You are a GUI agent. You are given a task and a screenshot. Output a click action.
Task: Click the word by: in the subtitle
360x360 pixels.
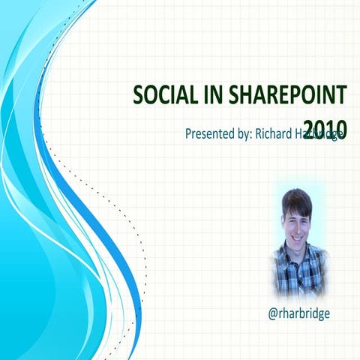pyautogui.click(x=247, y=135)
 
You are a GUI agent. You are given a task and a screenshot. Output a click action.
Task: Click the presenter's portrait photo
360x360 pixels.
pyautogui.click(x=298, y=240)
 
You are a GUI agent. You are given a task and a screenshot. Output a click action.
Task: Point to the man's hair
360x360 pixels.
pyautogui.click(x=296, y=201)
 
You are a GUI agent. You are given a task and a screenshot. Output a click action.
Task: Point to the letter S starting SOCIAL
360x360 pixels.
pyautogui.click(x=138, y=96)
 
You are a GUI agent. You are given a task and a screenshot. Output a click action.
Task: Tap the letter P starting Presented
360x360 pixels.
pyautogui.click(x=188, y=135)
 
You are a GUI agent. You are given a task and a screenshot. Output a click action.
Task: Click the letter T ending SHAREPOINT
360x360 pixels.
pyautogui.click(x=342, y=96)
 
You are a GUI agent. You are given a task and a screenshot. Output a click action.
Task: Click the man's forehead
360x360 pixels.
pyautogui.click(x=295, y=211)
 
